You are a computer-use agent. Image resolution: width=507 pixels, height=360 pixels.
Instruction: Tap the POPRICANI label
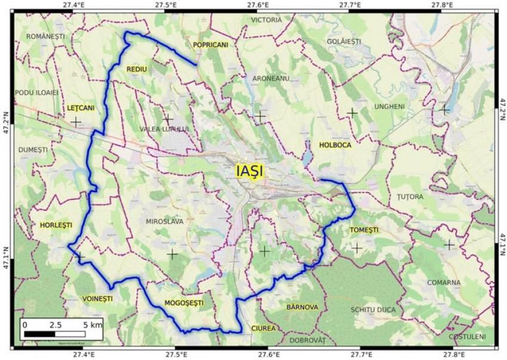(x=211, y=45)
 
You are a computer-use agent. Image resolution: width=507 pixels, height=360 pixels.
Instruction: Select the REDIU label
(x=137, y=70)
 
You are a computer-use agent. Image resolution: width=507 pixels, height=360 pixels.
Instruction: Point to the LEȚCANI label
(x=81, y=108)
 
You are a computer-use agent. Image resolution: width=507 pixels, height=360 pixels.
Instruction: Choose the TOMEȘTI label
(x=364, y=230)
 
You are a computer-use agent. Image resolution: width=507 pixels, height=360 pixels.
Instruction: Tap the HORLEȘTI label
(x=55, y=225)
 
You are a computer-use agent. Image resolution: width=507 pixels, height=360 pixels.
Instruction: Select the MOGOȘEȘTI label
(x=184, y=303)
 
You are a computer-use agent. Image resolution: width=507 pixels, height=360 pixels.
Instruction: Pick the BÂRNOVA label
(x=302, y=307)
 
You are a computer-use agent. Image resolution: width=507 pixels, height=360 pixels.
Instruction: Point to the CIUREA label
(x=263, y=328)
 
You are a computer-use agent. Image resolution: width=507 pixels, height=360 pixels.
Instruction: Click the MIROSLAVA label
(x=165, y=221)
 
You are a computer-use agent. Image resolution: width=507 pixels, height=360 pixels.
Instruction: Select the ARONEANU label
(x=271, y=78)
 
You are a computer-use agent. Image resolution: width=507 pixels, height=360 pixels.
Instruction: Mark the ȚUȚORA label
(x=410, y=196)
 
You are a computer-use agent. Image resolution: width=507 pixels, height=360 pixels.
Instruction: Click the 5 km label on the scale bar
(x=92, y=325)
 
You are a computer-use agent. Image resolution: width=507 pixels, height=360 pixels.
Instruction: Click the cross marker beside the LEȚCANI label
(x=76, y=122)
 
